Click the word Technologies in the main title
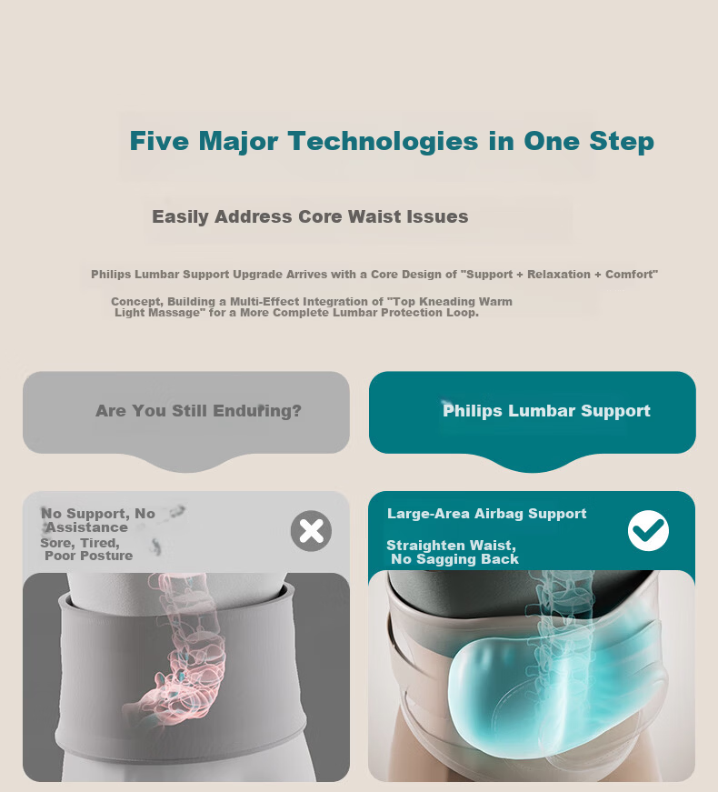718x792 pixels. pos(383,142)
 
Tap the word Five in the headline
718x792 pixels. pos(159,140)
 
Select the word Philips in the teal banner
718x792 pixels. pos(473,411)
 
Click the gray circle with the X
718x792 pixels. pos(311,531)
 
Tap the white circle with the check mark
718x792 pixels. pos(648,530)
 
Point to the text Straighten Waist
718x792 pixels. pos(452,546)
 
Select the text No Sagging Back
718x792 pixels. pos(455,559)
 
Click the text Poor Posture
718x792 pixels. pos(89,556)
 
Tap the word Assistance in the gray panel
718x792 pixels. pos(87,527)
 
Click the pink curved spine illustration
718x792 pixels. pos(180,652)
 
